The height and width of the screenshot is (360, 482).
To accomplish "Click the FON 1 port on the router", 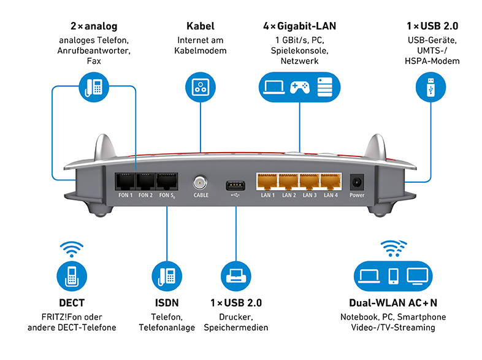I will (x=125, y=182).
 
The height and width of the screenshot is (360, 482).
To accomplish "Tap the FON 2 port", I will (x=146, y=182).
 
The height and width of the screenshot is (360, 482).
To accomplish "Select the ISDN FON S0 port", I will (x=167, y=182).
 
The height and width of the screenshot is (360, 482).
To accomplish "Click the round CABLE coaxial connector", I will (x=201, y=182).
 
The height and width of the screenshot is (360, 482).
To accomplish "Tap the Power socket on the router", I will (x=357, y=183).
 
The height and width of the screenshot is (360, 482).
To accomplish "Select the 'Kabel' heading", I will (x=201, y=26).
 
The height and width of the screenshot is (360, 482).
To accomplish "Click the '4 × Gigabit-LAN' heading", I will (x=299, y=26).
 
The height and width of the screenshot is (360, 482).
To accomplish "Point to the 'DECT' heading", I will (x=72, y=302).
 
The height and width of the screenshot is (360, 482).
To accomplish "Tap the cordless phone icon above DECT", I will (x=72, y=275).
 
